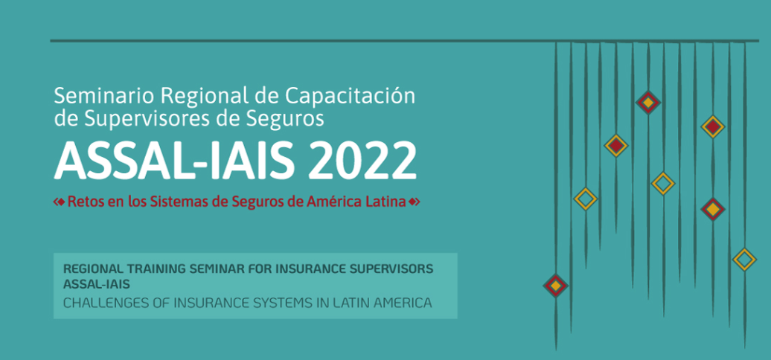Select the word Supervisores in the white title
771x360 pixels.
[x=146, y=119]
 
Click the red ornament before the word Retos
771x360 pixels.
[x=59, y=202]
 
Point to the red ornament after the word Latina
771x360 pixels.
[x=414, y=202]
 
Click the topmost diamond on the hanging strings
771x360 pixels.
[x=648, y=103]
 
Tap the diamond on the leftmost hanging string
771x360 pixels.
[x=556, y=286]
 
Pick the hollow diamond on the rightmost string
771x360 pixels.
[x=744, y=260]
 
